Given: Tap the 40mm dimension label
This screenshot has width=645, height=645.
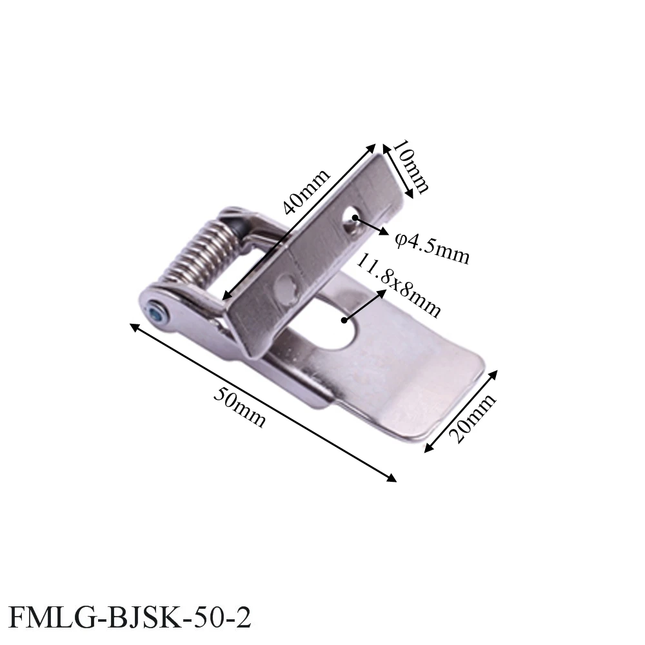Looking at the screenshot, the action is pyautogui.click(x=307, y=192).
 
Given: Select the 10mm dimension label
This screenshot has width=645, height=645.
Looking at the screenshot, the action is pyautogui.click(x=410, y=166).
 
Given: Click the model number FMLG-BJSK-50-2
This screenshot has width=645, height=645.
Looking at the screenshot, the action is pyautogui.click(x=129, y=617).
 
